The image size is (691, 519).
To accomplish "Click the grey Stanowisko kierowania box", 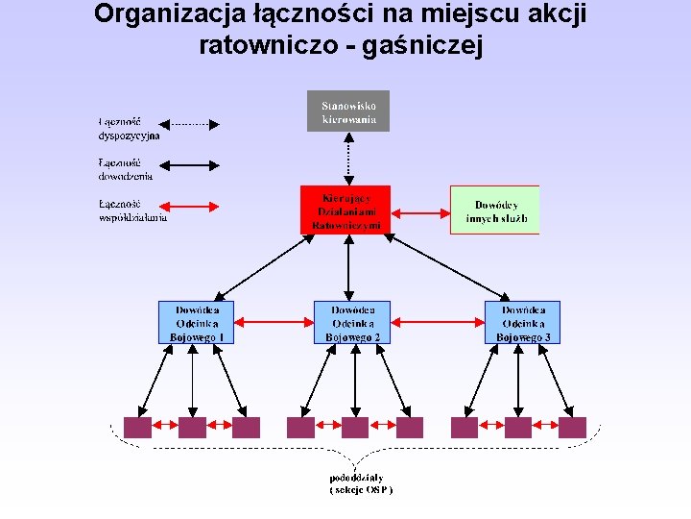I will pyautogui.click(x=348, y=111).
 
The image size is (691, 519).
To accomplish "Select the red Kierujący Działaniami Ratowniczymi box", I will pyautogui.click(x=345, y=210).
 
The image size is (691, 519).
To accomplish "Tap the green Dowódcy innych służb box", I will pyautogui.click(x=495, y=210).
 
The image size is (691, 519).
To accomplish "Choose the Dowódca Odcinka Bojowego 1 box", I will pyautogui.click(x=196, y=323).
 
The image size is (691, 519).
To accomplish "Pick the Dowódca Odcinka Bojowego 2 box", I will pyautogui.click(x=352, y=323).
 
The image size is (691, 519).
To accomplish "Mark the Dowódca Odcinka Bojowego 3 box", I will pyautogui.click(x=522, y=323).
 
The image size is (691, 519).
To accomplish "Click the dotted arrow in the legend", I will pyautogui.click(x=188, y=124).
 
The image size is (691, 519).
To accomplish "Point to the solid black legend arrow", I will pyautogui.click(x=188, y=166).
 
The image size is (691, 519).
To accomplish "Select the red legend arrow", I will pyautogui.click(x=188, y=206).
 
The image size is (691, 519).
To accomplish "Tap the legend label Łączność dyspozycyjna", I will pyautogui.click(x=128, y=129).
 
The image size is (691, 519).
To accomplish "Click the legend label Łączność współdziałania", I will pyautogui.click(x=132, y=210).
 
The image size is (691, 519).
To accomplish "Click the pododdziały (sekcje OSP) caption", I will pyautogui.click(x=361, y=483).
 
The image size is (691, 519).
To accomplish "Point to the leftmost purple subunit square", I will pyautogui.click(x=137, y=428).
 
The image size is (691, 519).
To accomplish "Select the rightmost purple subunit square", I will pyautogui.click(x=573, y=428).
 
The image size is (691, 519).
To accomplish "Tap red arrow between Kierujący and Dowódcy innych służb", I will pyautogui.click(x=420, y=210).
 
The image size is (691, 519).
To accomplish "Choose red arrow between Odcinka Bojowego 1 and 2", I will pyautogui.click(x=274, y=323).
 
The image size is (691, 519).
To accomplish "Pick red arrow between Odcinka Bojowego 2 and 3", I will pyautogui.click(x=437, y=323).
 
